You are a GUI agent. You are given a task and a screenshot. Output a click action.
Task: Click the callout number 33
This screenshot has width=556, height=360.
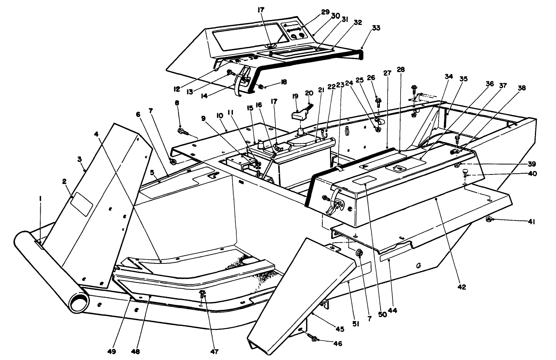pos(376,28)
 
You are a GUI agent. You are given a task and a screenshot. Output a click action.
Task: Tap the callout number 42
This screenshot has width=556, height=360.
pos(462,287)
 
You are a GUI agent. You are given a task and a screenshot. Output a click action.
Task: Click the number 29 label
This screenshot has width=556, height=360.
pos(325,12)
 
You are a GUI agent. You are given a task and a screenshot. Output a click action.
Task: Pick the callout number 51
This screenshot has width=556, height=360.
pos(355,324)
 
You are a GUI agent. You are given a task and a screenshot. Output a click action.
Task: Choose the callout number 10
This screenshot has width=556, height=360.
pos(220,115)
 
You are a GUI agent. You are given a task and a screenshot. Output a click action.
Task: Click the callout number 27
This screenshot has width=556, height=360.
pos(386,72)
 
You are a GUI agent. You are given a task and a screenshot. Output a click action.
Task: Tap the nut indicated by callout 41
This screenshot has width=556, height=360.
pos(489,220)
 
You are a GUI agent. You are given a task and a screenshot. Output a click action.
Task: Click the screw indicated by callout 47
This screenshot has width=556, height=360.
pos(203,294)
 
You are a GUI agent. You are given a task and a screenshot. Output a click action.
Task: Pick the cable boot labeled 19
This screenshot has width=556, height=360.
pos(300,116)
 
